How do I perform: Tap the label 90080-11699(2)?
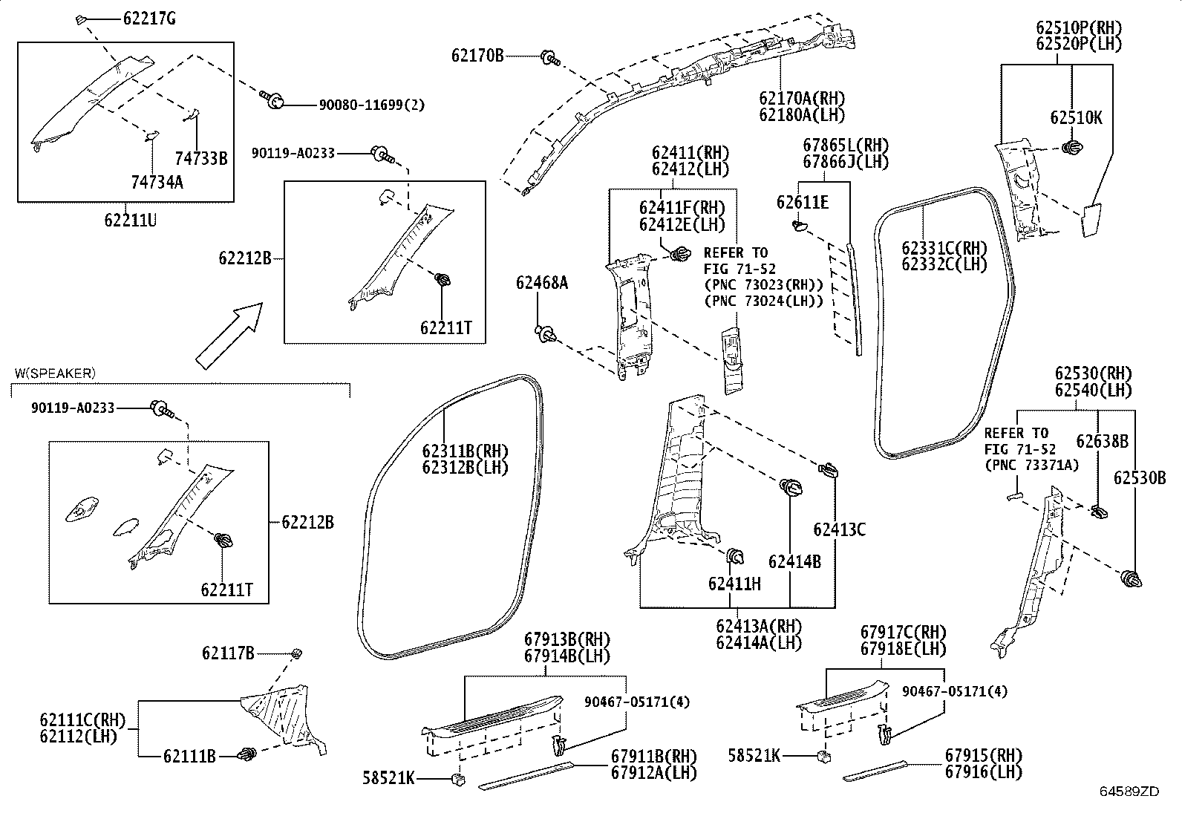coord(372,105)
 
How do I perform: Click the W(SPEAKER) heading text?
coord(55,373)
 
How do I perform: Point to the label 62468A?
coord(542,283)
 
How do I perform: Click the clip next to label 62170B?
coord(549,57)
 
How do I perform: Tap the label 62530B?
coord(1139,478)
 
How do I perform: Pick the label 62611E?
coord(803,202)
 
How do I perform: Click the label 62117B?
coord(228,653)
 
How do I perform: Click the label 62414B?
coord(794,562)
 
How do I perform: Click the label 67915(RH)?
coord(983,755)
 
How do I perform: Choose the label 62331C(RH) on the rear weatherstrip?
coord(944,248)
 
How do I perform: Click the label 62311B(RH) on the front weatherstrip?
coord(465,451)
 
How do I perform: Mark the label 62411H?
coord(734,584)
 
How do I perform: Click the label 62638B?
coord(1103,442)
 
